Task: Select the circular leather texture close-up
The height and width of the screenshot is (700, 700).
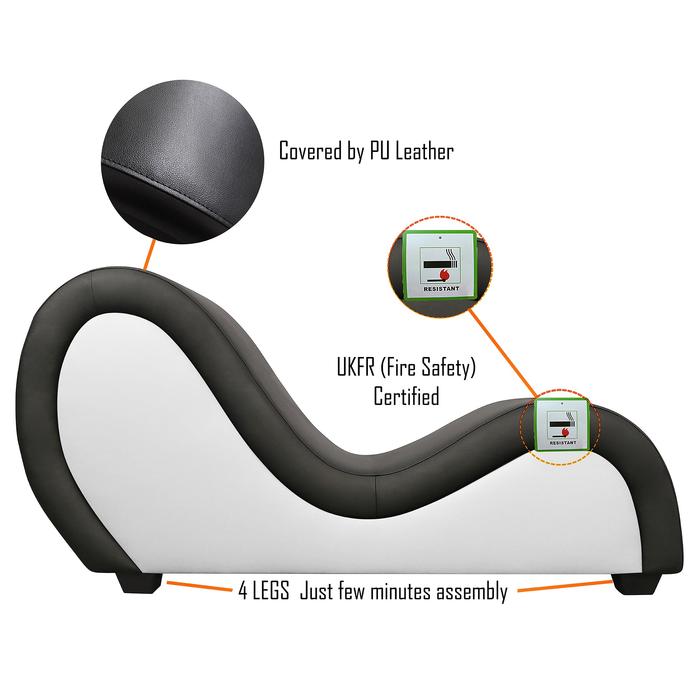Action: tap(183, 162)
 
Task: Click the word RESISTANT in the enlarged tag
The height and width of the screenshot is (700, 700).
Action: tap(441, 289)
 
